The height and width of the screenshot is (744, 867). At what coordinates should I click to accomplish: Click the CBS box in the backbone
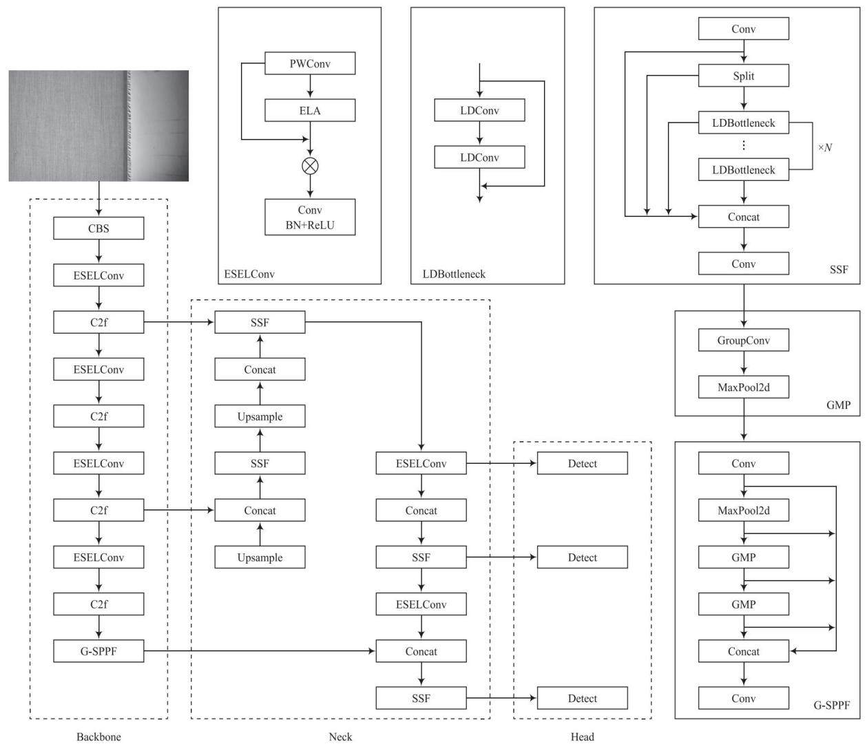tap(98, 228)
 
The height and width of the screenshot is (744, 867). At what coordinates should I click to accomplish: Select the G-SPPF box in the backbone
tap(98, 651)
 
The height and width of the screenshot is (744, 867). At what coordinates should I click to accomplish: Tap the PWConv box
tap(310, 63)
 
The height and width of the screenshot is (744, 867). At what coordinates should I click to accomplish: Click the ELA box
tap(310, 110)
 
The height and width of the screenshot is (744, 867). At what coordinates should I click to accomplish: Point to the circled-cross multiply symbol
tap(310, 166)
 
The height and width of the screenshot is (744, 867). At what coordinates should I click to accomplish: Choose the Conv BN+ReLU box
tap(310, 217)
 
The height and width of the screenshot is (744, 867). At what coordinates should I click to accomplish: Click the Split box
tap(744, 76)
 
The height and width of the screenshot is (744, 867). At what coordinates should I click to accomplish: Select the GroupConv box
tap(744, 340)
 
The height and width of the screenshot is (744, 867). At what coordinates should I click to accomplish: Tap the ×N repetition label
tap(825, 147)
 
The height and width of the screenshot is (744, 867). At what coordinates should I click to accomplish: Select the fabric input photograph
tap(98, 126)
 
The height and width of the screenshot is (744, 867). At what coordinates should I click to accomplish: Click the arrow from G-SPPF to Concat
tap(259, 651)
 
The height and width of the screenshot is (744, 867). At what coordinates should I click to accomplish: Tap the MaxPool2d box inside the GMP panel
tap(744, 387)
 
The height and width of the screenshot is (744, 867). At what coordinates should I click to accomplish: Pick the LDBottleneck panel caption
tap(454, 274)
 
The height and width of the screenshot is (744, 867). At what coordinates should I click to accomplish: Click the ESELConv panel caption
tap(249, 274)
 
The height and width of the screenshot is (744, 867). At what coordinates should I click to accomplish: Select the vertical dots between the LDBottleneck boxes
tap(744, 145)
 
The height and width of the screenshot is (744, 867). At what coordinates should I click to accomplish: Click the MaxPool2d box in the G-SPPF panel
tap(744, 510)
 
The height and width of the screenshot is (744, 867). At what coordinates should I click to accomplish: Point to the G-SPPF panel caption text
tap(832, 705)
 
